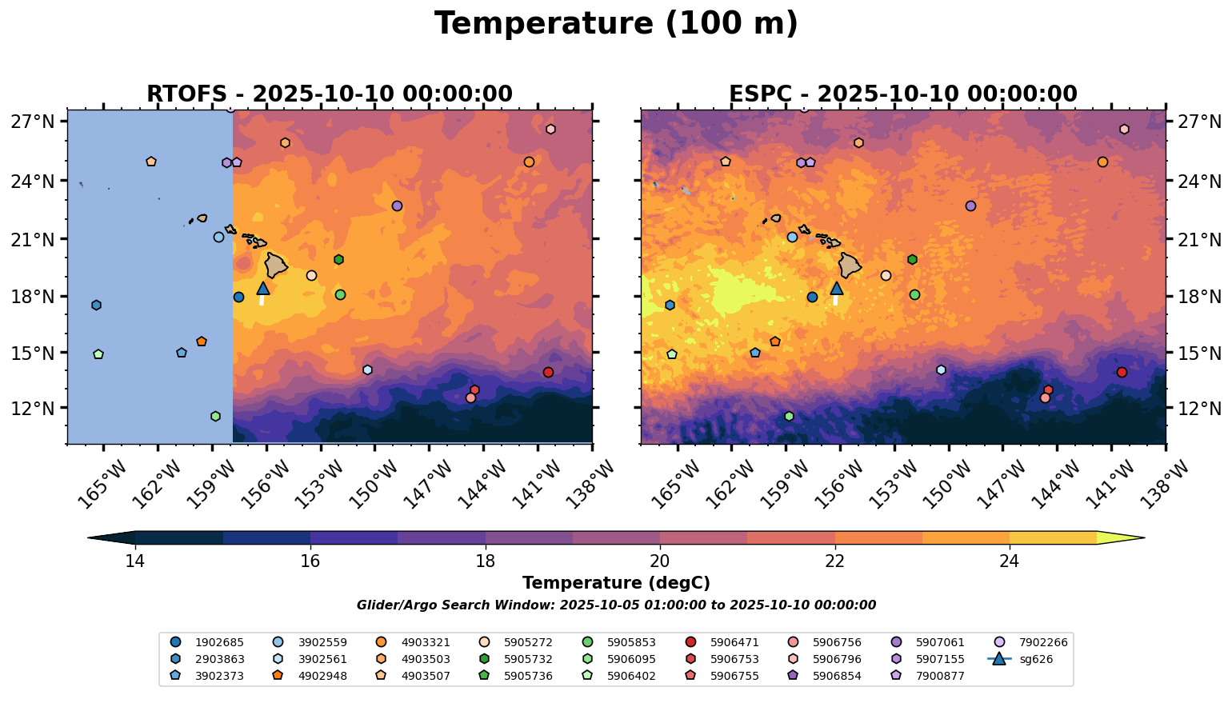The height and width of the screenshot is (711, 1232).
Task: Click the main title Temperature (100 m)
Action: (x=616, y=24)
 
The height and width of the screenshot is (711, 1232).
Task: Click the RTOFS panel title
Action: (x=329, y=94)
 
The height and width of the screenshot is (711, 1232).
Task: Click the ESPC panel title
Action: (x=902, y=94)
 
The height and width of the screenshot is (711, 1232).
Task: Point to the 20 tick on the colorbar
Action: (x=660, y=561)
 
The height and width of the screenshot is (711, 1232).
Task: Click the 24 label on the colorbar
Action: (x=1010, y=561)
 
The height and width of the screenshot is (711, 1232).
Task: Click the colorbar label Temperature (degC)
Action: (x=616, y=584)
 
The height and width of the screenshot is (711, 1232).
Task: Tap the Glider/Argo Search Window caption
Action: (x=616, y=605)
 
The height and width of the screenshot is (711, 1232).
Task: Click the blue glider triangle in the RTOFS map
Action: (x=263, y=289)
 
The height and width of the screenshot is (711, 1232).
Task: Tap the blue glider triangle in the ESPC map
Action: (x=837, y=289)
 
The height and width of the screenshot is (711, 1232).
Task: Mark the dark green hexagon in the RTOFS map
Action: (x=338, y=260)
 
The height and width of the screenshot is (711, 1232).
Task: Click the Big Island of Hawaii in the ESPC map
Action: (x=850, y=265)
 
